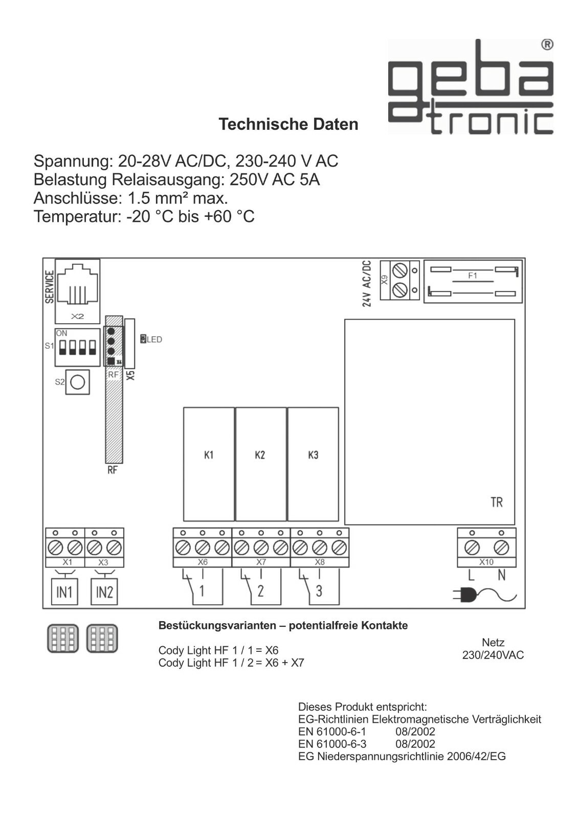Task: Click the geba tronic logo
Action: pyautogui.click(x=470, y=87)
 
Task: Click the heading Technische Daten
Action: pyautogui.click(x=288, y=124)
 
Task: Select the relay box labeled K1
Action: pyautogui.click(x=209, y=464)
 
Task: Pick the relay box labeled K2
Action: pyautogui.click(x=260, y=464)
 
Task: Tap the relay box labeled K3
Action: pyautogui.click(x=313, y=464)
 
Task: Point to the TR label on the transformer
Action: pyautogui.click(x=496, y=502)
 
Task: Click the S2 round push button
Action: pyautogui.click(x=77, y=382)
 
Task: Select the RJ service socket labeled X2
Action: pyautogui.click(x=77, y=290)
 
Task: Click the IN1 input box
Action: pyautogui.click(x=64, y=592)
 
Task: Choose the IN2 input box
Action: pyautogui.click(x=104, y=592)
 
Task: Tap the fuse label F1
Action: pyautogui.click(x=473, y=276)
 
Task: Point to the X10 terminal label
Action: pyautogui.click(x=486, y=562)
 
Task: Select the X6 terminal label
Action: pyautogui.click(x=203, y=562)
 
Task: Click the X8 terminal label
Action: pyautogui.click(x=320, y=562)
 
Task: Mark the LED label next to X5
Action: pyautogui.click(x=154, y=339)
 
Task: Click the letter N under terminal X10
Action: pyautogui.click(x=501, y=576)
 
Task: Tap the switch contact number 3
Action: pyautogui.click(x=319, y=592)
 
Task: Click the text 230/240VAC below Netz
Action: pyautogui.click(x=493, y=655)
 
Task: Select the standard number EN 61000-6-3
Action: pyautogui.click(x=332, y=744)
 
